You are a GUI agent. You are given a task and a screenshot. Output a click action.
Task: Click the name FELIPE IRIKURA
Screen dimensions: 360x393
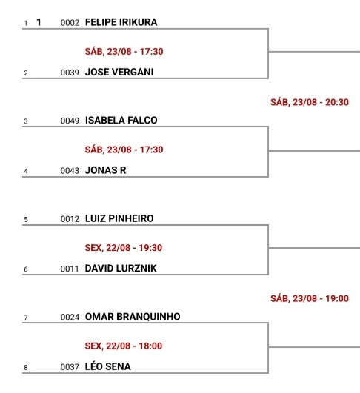pos(121,22)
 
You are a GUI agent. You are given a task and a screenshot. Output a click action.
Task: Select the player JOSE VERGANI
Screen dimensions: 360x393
pos(119,73)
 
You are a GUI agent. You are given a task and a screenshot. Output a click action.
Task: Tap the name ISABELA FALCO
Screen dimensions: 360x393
pos(121,121)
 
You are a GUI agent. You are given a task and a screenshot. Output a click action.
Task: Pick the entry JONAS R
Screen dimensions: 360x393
pos(106,170)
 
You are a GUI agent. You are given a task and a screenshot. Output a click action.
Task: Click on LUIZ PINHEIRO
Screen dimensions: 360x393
pos(119,218)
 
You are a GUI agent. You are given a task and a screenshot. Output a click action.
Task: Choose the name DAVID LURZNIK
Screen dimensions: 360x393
pos(121,269)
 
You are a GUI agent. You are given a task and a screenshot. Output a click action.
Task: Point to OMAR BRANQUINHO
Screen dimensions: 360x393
pos(133,317)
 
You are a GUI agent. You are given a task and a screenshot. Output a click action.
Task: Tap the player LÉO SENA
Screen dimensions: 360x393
pos(108,366)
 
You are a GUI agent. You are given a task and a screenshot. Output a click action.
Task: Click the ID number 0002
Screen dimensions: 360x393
pos(70,23)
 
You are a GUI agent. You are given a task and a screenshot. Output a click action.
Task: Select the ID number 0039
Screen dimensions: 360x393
pos(70,73)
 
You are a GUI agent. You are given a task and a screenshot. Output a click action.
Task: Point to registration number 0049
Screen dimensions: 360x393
pos(70,121)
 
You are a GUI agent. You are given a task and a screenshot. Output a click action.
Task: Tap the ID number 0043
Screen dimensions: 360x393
pos(70,171)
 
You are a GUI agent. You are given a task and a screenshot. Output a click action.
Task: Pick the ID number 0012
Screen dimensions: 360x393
pos(70,219)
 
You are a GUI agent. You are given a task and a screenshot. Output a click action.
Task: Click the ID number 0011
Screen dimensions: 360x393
pos(70,269)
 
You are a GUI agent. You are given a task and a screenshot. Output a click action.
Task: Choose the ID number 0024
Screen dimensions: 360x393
pos(70,317)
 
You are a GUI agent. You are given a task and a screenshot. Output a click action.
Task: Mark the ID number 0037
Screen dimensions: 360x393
pos(70,367)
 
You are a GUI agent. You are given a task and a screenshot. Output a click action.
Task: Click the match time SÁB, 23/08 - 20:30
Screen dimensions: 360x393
pos(310,102)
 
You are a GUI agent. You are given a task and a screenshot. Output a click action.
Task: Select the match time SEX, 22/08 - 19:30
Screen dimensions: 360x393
pos(124,248)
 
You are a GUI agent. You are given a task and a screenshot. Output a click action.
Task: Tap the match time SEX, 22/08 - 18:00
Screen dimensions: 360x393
pos(124,346)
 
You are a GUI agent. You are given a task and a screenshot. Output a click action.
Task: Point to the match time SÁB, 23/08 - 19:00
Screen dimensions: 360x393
pos(310,298)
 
